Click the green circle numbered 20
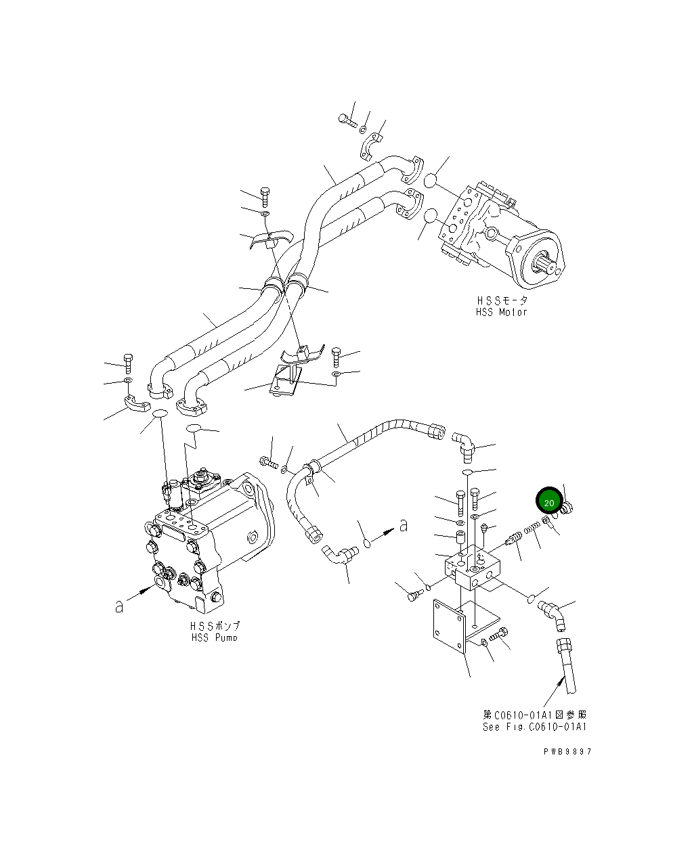pos(549,503)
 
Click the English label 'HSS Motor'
pos(501,312)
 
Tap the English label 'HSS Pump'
pos(215,637)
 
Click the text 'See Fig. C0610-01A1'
pos(534,727)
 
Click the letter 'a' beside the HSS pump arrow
pos(119,606)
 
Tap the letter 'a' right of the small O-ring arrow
pos(404,524)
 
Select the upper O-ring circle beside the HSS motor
pos(430,181)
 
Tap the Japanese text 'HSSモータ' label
pos(500,300)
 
